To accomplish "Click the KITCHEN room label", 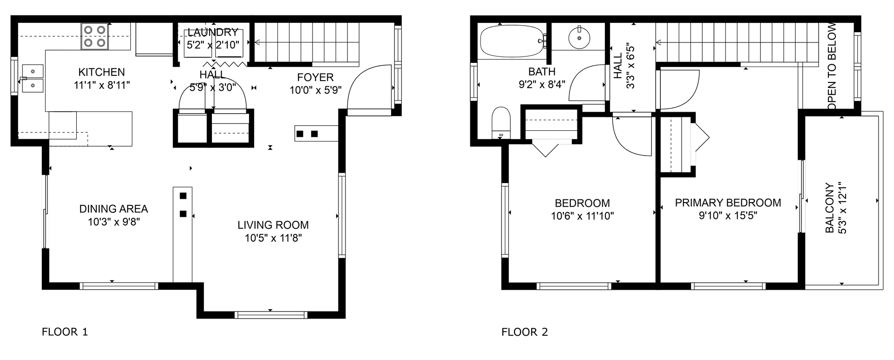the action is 102,72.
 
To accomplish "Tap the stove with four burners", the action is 95,37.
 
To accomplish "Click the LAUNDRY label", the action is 213,33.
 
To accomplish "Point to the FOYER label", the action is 316,77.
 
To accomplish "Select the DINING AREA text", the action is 114,209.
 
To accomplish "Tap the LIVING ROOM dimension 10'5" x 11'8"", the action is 273,238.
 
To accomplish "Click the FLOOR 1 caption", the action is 65,332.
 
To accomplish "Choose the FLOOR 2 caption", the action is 525,332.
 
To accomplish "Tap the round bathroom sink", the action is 579,37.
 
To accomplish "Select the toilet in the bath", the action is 502,122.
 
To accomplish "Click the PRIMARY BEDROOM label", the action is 728,203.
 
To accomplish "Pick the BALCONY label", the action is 829,208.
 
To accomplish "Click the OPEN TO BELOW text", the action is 832,67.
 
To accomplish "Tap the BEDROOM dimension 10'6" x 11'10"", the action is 582,216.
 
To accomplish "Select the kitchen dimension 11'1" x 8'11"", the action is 102,85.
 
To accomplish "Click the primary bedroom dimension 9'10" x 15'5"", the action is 728,216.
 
